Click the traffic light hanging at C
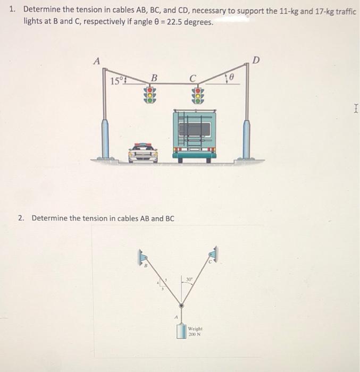(197, 95)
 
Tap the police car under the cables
(143, 153)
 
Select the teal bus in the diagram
(194, 133)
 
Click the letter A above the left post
(96, 61)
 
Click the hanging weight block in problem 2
(181, 330)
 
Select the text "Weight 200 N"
(195, 331)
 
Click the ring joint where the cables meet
(181, 307)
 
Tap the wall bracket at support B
(142, 257)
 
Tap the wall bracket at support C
(214, 255)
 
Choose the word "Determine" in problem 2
(49, 218)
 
